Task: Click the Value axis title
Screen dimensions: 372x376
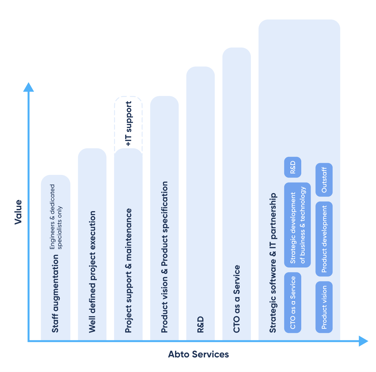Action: (18, 212)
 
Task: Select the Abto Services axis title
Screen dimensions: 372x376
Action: (198, 354)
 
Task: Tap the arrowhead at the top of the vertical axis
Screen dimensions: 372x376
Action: (28, 87)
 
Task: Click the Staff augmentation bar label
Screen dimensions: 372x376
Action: (55, 293)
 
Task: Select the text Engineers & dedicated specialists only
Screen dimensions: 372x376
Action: (56, 217)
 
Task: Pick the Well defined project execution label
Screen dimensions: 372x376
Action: (92, 272)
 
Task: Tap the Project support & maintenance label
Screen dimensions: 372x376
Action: (128, 271)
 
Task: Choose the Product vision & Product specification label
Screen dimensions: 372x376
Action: (164, 257)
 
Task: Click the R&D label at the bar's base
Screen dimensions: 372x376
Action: (200, 325)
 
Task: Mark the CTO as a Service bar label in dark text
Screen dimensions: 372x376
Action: (236, 299)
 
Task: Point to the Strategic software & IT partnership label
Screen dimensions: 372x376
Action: (273, 263)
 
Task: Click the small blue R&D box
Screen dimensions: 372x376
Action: (292, 167)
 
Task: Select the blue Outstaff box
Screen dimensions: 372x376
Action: (324, 180)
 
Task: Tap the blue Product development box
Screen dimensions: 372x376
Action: (324, 239)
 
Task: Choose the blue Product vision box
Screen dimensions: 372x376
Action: (324, 307)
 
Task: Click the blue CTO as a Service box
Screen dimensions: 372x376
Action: (292, 303)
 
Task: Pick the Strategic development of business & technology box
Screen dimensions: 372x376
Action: (297, 225)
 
